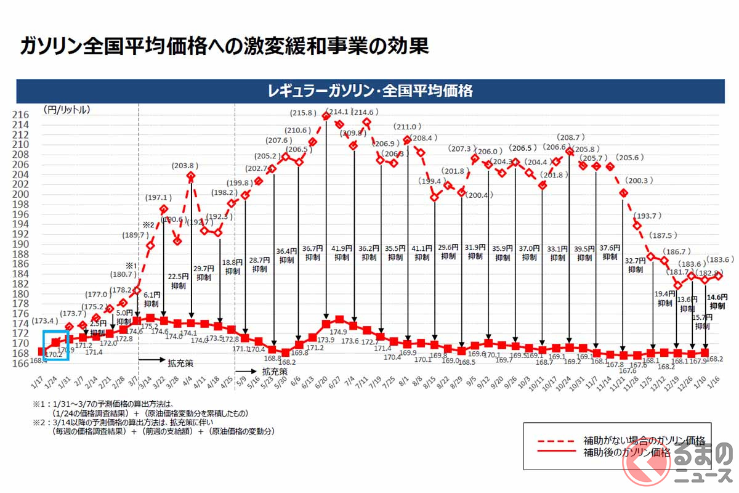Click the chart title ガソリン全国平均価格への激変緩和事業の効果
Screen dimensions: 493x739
click(x=224, y=46)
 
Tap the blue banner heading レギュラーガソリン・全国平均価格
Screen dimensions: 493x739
click(x=369, y=91)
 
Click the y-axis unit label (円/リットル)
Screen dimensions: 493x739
click(x=67, y=110)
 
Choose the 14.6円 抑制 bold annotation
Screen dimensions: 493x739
click(x=717, y=300)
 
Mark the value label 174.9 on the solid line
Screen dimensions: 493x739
click(x=340, y=331)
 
